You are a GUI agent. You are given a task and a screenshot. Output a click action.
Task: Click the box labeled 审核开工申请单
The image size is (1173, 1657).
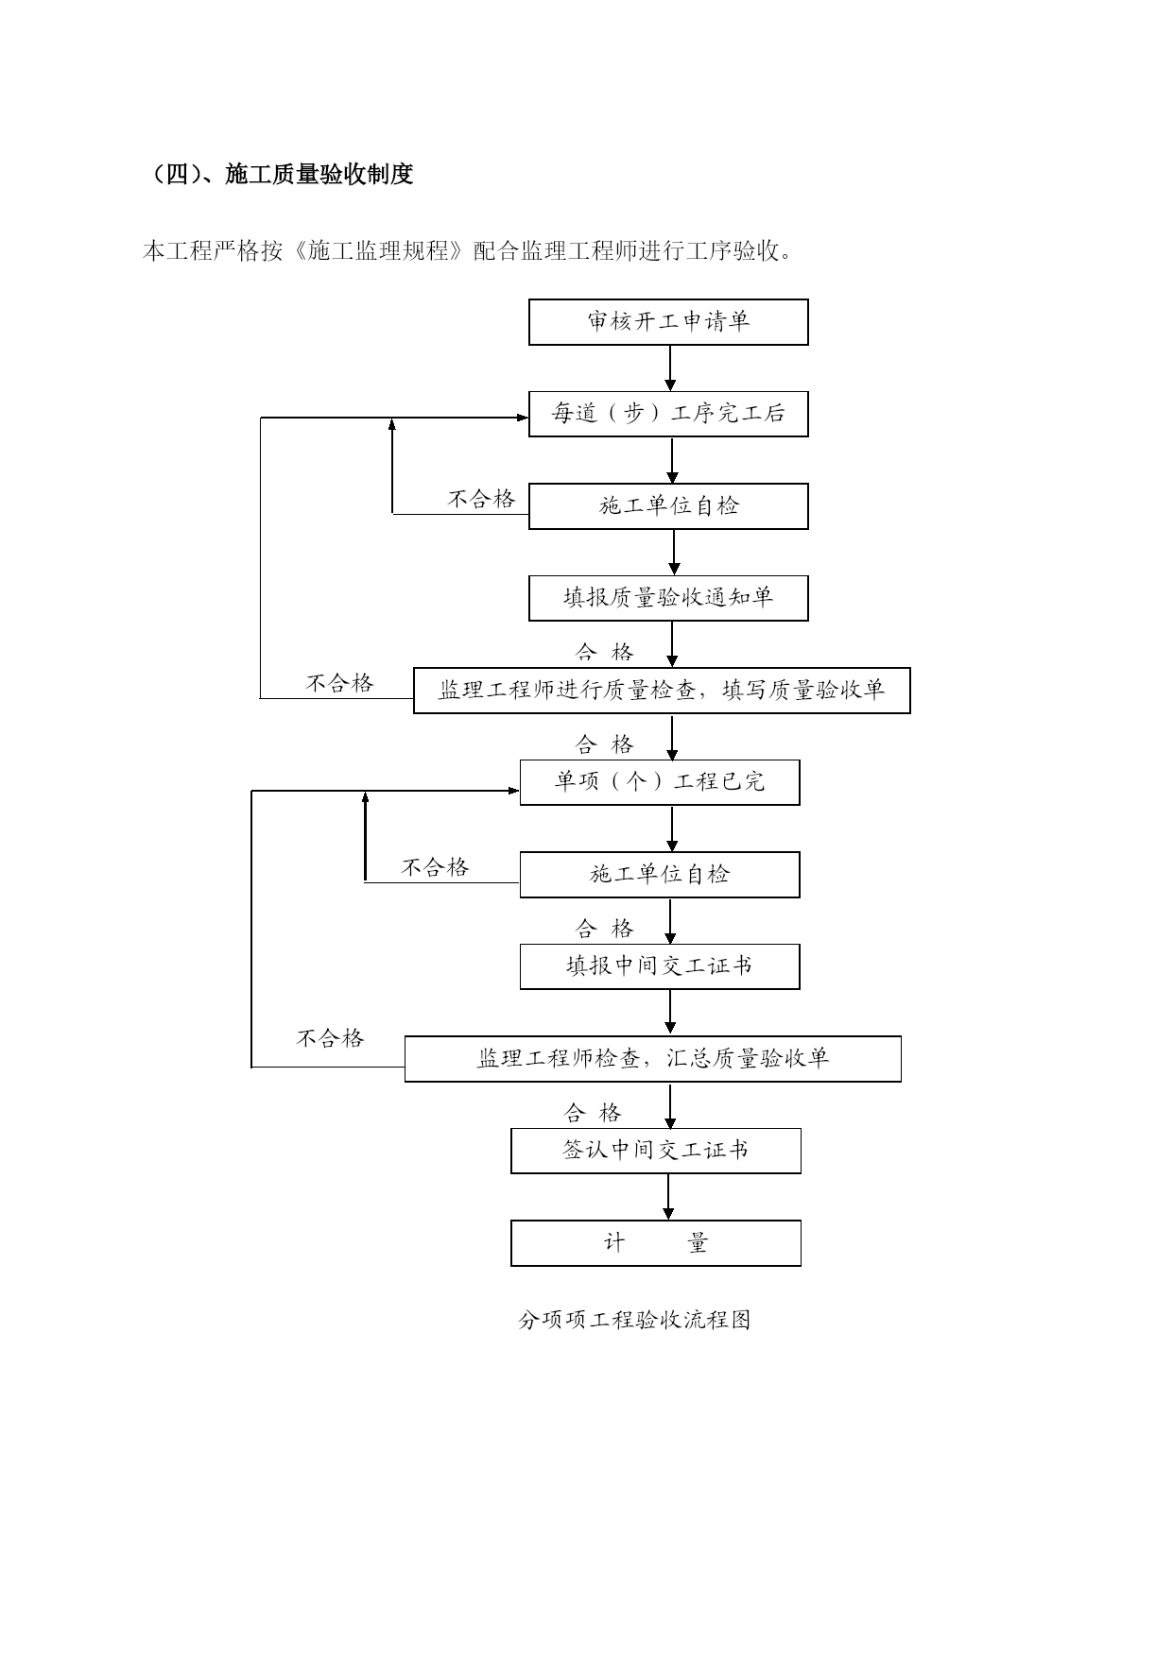(x=668, y=322)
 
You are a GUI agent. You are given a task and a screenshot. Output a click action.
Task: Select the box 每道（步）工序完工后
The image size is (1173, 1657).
(x=668, y=414)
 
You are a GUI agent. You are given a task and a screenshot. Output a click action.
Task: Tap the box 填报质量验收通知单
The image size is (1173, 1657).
(x=668, y=598)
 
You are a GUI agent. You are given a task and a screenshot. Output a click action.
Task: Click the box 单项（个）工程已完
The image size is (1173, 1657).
(x=660, y=782)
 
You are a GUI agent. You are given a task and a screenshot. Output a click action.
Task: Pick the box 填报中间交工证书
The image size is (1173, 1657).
(x=660, y=966)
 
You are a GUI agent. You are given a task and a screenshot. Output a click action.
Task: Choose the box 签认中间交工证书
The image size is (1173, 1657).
(x=656, y=1151)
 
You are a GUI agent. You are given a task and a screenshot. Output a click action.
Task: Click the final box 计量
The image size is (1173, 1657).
(x=656, y=1243)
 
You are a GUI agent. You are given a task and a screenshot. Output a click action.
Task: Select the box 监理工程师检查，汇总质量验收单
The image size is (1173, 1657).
(x=653, y=1059)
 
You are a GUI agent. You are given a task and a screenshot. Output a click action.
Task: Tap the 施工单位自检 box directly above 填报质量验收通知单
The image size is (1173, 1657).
(x=668, y=506)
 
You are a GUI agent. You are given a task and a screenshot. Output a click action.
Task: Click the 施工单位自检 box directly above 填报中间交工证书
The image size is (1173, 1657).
(x=660, y=875)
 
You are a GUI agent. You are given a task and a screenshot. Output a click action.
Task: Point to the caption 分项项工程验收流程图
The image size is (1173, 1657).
(x=634, y=1320)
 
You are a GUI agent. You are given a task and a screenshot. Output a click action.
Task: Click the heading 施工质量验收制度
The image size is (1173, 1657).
(x=319, y=175)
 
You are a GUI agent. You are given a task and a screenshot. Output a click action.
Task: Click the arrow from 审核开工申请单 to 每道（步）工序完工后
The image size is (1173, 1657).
(x=670, y=368)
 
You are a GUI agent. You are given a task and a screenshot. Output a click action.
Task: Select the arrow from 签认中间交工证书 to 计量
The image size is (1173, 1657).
(x=669, y=1197)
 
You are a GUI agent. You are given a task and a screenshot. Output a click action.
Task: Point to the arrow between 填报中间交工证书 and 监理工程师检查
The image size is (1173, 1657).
(x=670, y=1013)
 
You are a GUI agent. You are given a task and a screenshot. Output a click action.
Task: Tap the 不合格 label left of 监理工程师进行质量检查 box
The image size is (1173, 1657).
(x=340, y=683)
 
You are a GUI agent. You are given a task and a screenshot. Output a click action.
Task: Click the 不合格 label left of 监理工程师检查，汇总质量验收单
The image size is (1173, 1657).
(x=331, y=1038)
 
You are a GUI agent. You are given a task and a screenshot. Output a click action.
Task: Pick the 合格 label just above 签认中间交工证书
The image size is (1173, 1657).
(x=594, y=1113)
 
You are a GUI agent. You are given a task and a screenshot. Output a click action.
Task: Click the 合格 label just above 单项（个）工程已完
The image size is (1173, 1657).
(x=605, y=744)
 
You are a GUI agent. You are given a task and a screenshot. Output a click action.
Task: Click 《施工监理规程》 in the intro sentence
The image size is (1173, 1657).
(x=378, y=251)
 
